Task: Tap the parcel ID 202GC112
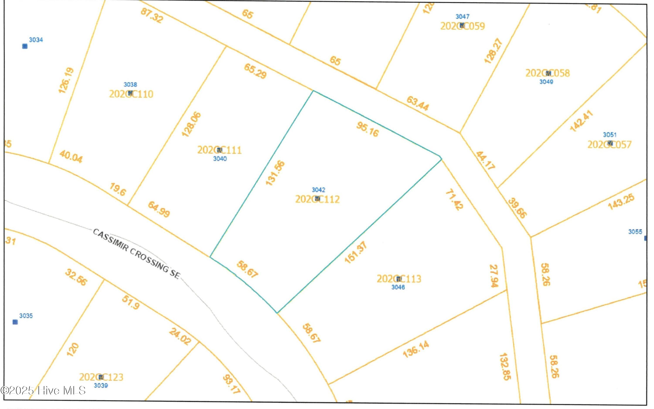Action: coord(317,199)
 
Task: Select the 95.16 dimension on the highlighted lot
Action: coord(368,129)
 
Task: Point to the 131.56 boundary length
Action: coord(275,173)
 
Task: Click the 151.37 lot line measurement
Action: coord(356,252)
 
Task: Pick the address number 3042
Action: coord(318,190)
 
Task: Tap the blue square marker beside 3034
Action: coord(25,46)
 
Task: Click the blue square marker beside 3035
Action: coord(15,322)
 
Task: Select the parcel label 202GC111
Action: coord(219,150)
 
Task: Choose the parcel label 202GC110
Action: coord(131,94)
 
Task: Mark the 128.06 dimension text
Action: coord(191,124)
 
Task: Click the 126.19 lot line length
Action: coord(66,81)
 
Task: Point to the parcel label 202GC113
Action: coord(399,279)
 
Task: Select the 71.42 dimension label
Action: coord(454,200)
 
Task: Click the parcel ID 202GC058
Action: coord(547,73)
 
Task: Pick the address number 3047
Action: coord(462,17)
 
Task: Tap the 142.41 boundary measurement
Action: coord(581,121)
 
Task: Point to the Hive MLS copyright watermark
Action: coord(43,390)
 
